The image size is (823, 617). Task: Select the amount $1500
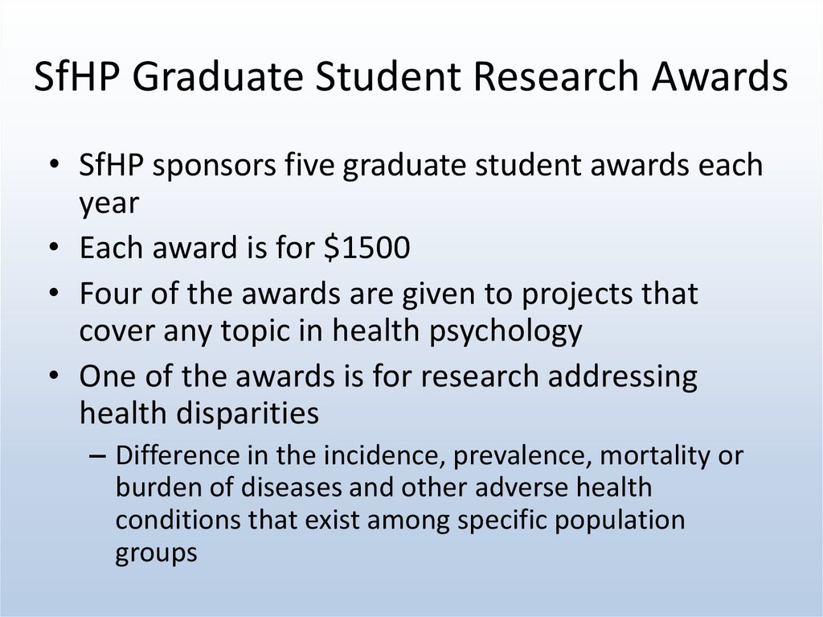[x=366, y=247]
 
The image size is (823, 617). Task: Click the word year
[x=109, y=204]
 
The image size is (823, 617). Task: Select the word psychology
[x=506, y=332]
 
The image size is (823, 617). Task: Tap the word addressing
[x=623, y=377]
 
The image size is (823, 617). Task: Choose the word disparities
[x=248, y=413]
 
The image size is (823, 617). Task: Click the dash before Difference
[x=97, y=456]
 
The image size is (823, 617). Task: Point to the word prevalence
[x=522, y=456]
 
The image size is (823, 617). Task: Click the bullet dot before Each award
[x=54, y=247]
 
